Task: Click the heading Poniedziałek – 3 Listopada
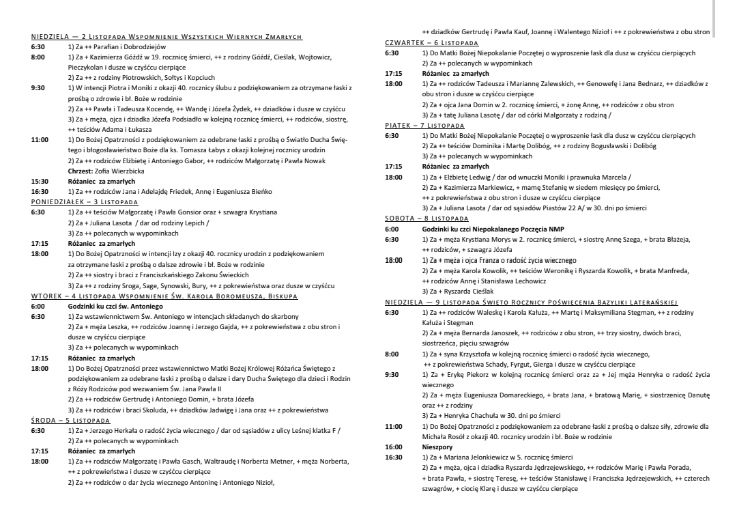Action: (x=85, y=203)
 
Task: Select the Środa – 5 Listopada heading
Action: (x=72, y=421)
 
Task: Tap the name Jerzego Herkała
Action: (x=119, y=431)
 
